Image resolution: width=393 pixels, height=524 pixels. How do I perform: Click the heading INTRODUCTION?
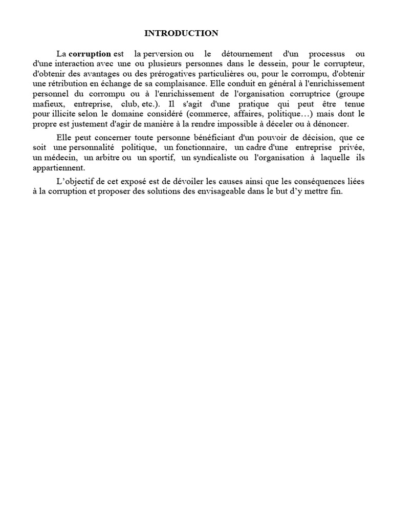point(181,33)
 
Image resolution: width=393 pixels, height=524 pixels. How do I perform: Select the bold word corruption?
point(90,54)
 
